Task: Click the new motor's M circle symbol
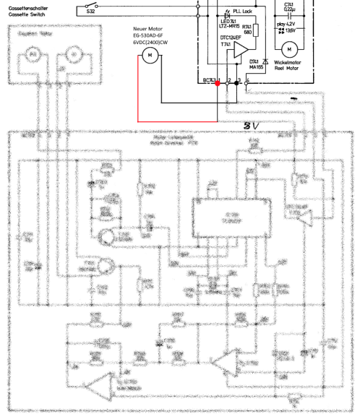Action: pyautogui.click(x=149, y=55)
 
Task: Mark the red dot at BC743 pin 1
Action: pyautogui.click(x=218, y=84)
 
